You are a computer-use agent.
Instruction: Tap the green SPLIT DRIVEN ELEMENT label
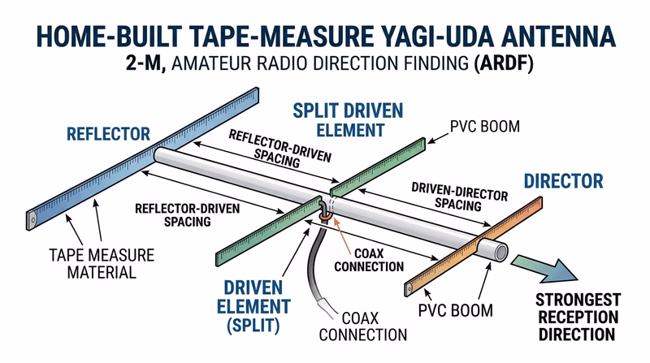tap(335, 119)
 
